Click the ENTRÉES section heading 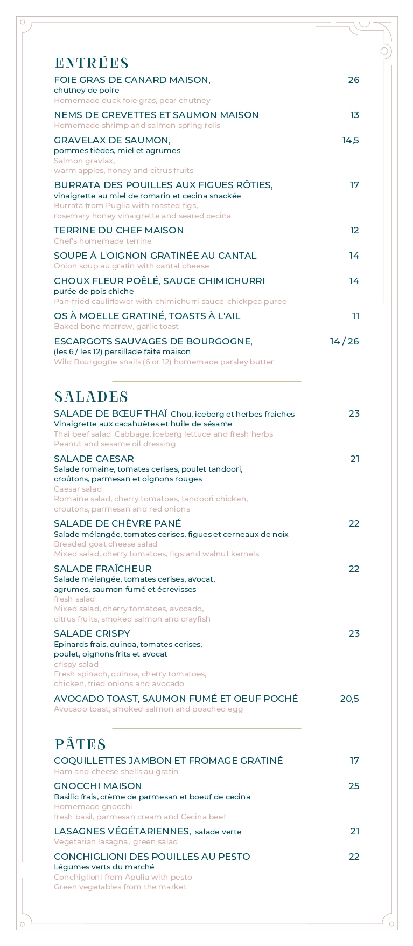(x=92, y=63)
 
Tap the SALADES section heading (x=91, y=397)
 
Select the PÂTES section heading (x=80, y=744)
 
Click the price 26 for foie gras (x=353, y=80)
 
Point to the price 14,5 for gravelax (x=351, y=141)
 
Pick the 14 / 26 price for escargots (x=344, y=341)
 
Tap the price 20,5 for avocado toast (x=349, y=699)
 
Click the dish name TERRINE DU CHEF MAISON (x=118, y=230)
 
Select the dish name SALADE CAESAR (x=94, y=459)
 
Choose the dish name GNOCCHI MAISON (x=97, y=786)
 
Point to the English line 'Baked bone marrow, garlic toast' (x=116, y=326)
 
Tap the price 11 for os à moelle (x=355, y=316)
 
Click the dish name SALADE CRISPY (x=92, y=633)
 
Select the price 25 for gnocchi (x=354, y=786)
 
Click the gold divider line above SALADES (x=206, y=381)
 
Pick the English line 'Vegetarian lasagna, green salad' (x=115, y=841)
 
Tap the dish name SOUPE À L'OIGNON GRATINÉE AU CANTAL (x=155, y=256)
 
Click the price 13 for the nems (x=354, y=115)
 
